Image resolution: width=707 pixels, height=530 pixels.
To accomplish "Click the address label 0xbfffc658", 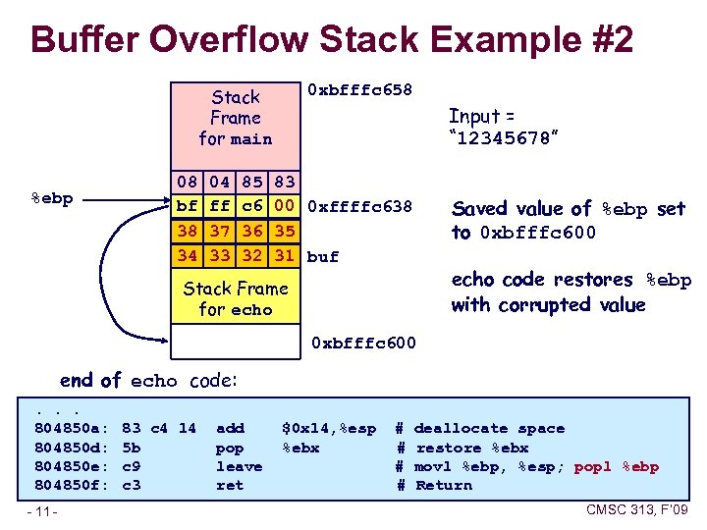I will tap(359, 90).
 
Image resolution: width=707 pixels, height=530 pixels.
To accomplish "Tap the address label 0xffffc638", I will tap(359, 207).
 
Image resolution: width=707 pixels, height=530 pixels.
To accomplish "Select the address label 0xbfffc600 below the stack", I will tap(363, 344).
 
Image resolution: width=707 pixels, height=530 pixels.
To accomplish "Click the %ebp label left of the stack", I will tap(51, 198).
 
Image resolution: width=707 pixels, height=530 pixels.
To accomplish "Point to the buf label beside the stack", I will tap(323, 257).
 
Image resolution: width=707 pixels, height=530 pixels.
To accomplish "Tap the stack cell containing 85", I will tap(251, 183).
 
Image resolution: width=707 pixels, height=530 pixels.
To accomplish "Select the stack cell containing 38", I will tap(187, 233).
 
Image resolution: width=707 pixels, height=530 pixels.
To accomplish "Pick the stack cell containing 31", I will tap(285, 256).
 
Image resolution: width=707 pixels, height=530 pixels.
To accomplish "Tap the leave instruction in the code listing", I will tap(239, 466).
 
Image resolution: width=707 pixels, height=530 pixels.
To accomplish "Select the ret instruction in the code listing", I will tap(230, 485).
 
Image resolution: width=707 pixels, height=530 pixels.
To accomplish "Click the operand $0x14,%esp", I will tap(329, 429).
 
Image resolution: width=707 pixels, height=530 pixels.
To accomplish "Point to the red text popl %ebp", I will tap(616, 466).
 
